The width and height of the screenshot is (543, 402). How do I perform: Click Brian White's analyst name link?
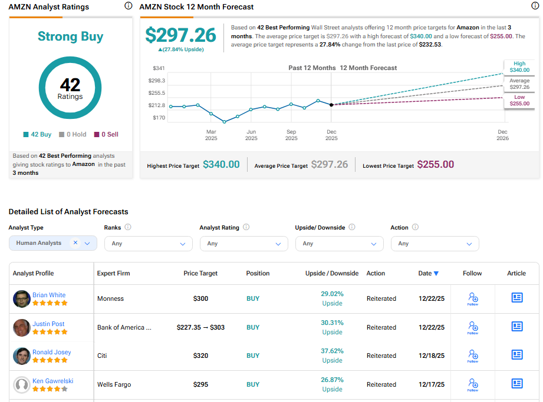(x=49, y=295)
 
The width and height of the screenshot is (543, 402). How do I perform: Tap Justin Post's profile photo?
(x=22, y=327)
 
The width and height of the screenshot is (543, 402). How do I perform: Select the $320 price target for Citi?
(x=200, y=356)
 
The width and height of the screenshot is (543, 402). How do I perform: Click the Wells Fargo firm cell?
(x=114, y=384)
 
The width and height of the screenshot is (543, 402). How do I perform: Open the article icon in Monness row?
(x=516, y=298)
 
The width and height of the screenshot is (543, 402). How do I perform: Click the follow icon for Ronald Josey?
(x=472, y=356)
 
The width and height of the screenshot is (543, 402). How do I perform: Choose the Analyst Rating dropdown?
(x=243, y=243)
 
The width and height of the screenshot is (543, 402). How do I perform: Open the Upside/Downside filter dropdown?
(x=339, y=243)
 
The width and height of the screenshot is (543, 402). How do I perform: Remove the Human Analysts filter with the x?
(x=75, y=242)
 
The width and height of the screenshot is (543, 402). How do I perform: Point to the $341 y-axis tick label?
(x=159, y=68)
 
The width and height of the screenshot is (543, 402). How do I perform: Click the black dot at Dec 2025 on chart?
(x=331, y=105)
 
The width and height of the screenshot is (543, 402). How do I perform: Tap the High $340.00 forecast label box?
(x=519, y=67)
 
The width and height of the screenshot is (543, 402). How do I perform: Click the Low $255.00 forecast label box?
(x=519, y=100)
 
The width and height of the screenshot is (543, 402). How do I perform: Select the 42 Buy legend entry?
(x=38, y=134)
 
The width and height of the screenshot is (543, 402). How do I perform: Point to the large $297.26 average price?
(x=181, y=35)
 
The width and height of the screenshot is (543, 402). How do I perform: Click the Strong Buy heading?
(x=70, y=36)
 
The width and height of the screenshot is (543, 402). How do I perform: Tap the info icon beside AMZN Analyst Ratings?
(x=129, y=6)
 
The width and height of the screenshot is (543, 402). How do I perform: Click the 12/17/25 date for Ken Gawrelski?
(x=432, y=384)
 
